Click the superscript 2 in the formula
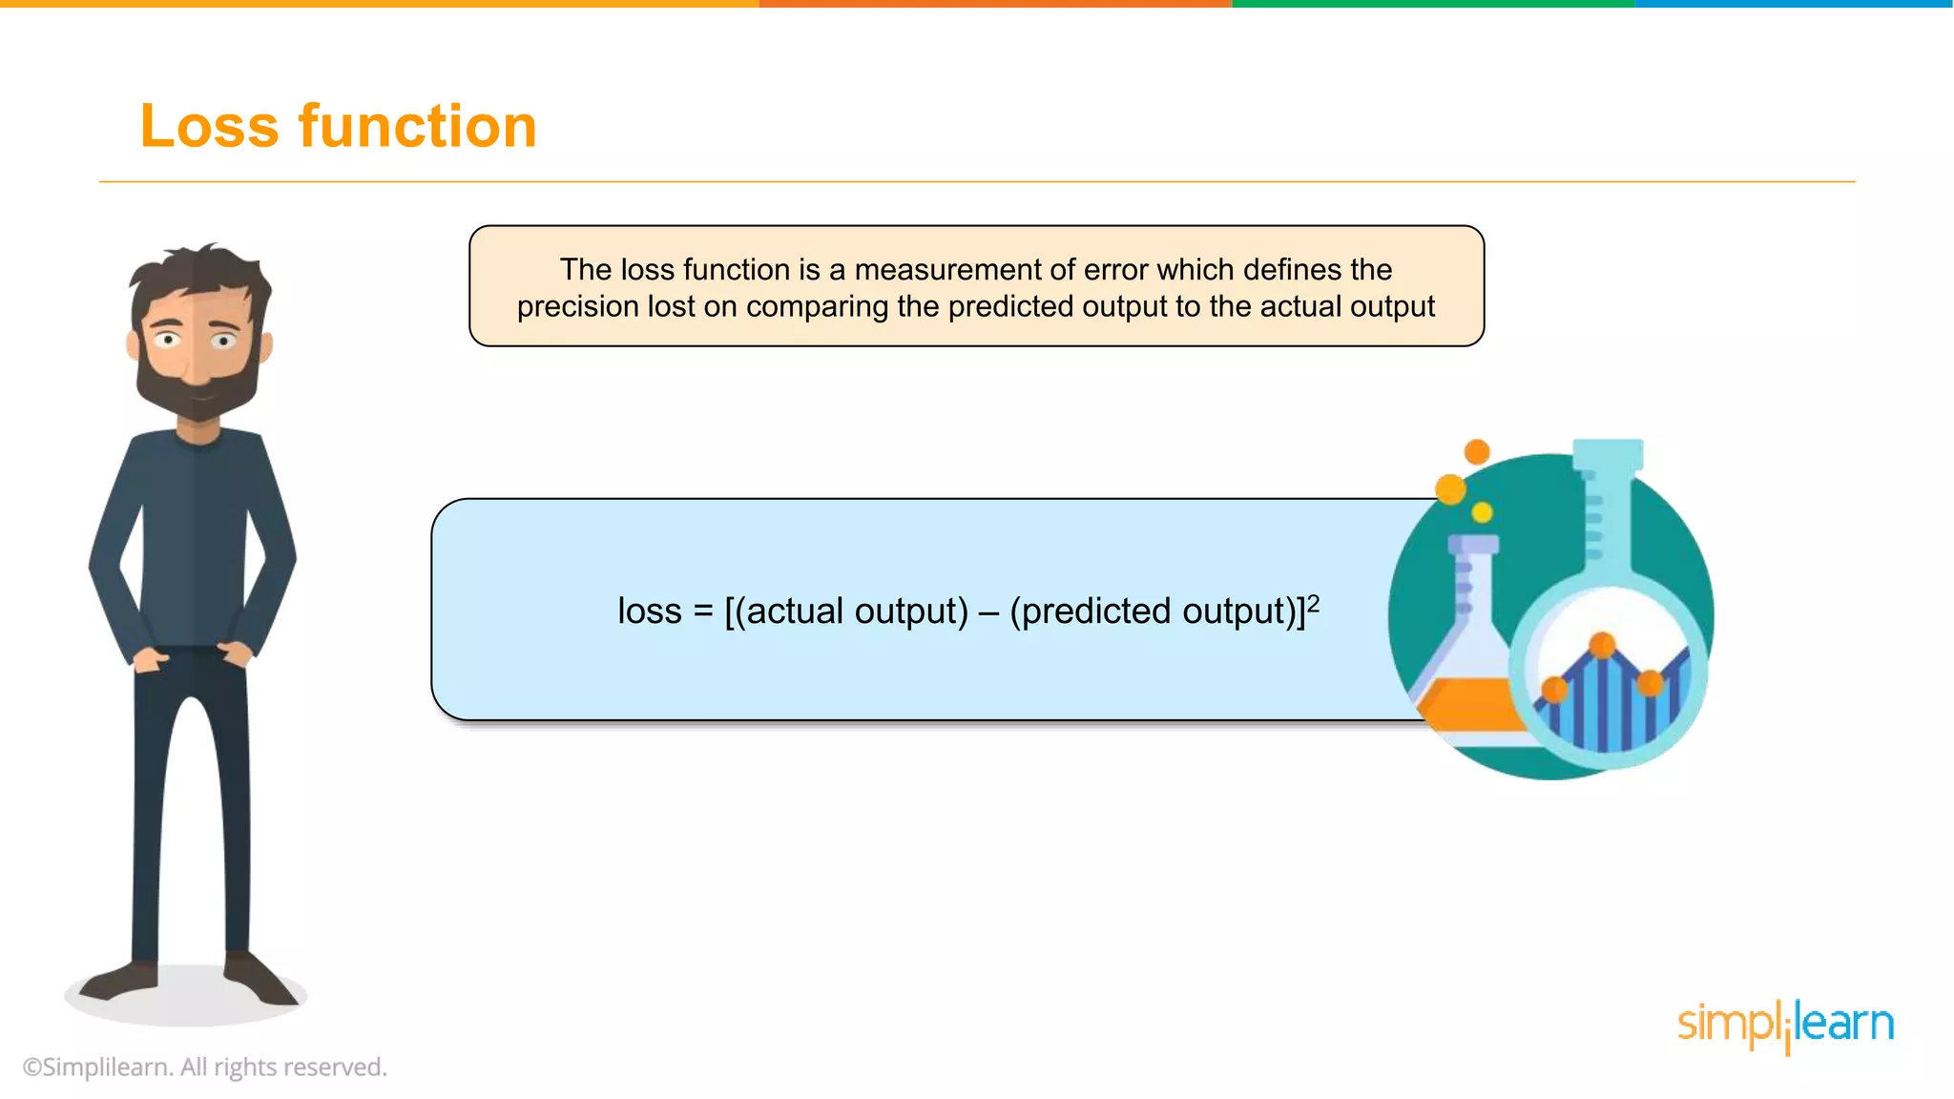(x=1314, y=602)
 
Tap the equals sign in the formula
(x=703, y=612)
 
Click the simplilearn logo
(x=1785, y=1025)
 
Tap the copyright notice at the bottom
(x=205, y=1067)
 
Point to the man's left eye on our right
(x=224, y=341)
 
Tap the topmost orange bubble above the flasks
(x=1477, y=451)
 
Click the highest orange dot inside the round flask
(x=1603, y=645)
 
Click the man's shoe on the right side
(x=260, y=980)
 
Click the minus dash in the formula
(x=988, y=612)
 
